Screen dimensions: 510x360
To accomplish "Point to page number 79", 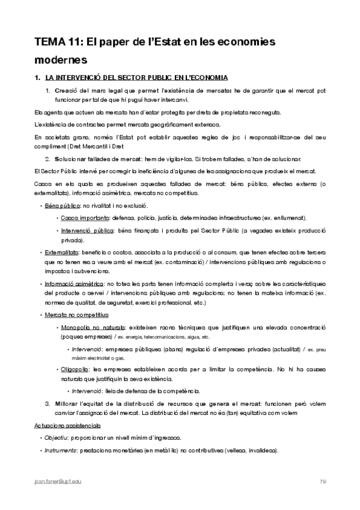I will click(x=322, y=482).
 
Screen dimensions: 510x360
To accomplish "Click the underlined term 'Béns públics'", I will click(x=63, y=206).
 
